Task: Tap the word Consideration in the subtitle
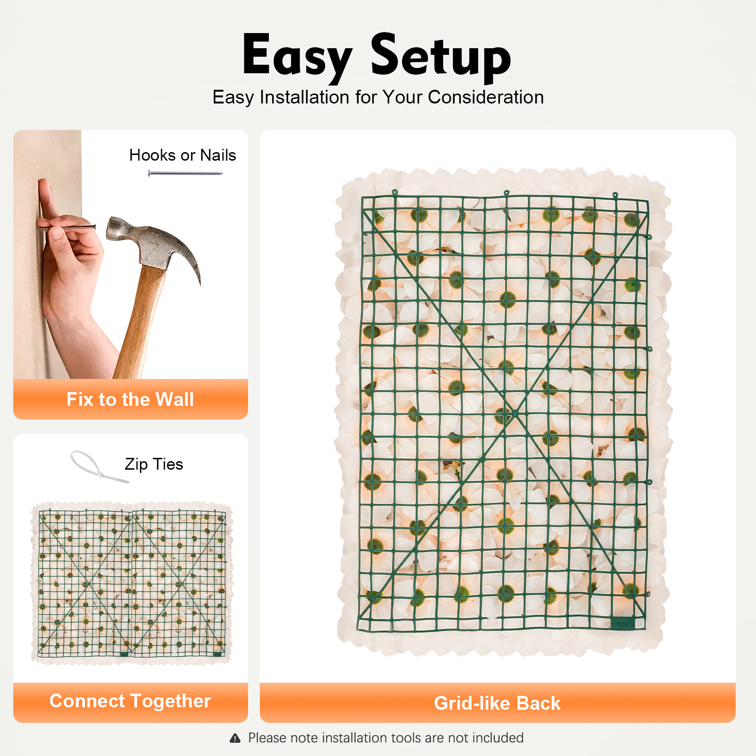[x=486, y=97]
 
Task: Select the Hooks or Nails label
[x=182, y=155]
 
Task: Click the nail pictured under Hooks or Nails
[x=185, y=173]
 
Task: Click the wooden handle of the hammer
[x=139, y=321]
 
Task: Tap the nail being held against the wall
[x=66, y=228]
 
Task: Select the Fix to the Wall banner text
[x=130, y=399]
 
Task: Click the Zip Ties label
[x=154, y=464]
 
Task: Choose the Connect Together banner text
[x=130, y=701]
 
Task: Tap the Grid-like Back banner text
[x=498, y=703]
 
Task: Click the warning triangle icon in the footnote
[x=235, y=738]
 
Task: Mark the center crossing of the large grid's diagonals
[x=515, y=413]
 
